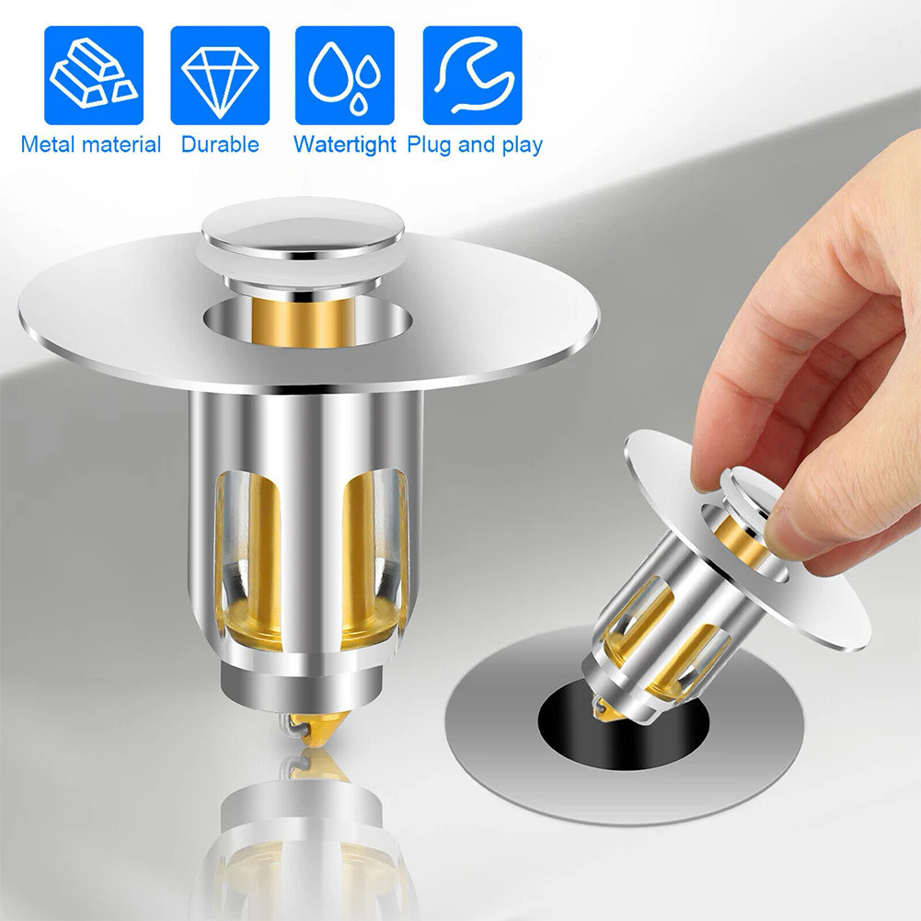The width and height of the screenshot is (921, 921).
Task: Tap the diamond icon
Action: [x=220, y=75]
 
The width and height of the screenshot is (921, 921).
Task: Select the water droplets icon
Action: [x=345, y=75]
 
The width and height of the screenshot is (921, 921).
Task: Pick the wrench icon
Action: [x=472, y=75]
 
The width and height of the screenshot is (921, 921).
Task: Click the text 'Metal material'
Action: [x=91, y=144]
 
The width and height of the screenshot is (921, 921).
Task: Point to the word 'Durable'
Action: [x=220, y=144]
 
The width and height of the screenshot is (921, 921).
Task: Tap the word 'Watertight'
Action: [x=345, y=144]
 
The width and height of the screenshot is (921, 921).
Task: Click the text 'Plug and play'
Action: [x=475, y=144]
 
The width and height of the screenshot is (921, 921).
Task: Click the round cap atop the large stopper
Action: [x=294, y=237]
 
